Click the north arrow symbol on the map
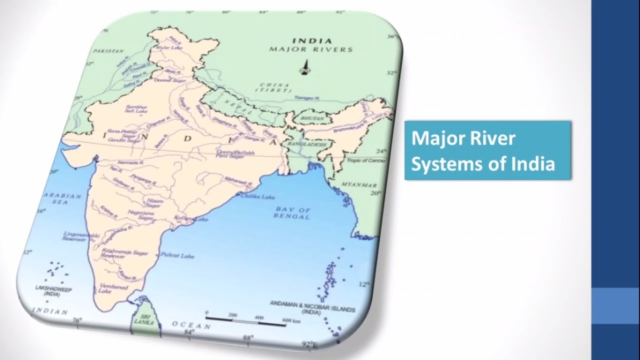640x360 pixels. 304,67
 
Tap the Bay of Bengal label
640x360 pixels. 292,213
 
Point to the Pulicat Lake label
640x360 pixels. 177,255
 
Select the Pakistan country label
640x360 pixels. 107,51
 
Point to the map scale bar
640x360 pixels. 245,318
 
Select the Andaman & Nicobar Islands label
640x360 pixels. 312,306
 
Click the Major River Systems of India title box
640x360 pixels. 487,150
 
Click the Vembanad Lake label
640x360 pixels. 113,289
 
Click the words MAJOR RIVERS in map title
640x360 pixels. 311,49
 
